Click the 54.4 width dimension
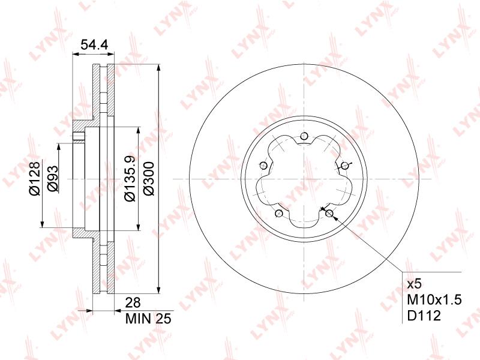tap(94, 45)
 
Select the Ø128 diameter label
tap(35, 178)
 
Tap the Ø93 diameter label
tap(52, 179)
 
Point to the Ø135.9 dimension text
tap(130, 178)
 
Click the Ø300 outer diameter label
tap(149, 179)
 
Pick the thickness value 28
tap(133, 303)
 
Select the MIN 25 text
tap(148, 319)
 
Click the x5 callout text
tap(415, 284)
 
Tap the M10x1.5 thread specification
tap(434, 299)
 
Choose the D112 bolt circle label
tap(424, 316)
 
